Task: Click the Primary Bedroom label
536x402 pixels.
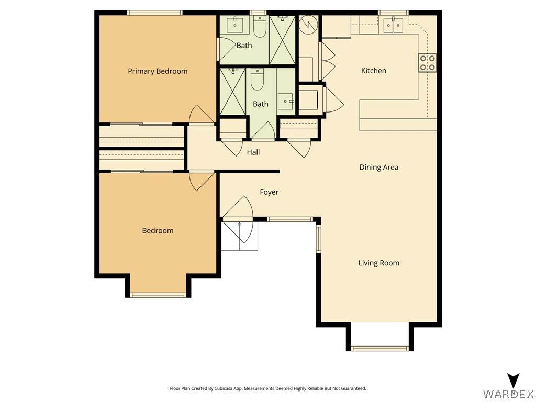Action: [158, 71]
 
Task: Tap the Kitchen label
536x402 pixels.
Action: [374, 71]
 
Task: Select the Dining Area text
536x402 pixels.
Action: [379, 167]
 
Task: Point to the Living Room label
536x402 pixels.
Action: [379, 263]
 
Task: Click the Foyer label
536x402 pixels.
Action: [269, 192]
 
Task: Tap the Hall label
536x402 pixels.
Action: [253, 152]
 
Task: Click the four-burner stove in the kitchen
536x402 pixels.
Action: [428, 63]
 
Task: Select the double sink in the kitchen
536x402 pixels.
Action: [393, 25]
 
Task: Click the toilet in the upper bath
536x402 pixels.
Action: [260, 27]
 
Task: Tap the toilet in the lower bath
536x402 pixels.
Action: [257, 80]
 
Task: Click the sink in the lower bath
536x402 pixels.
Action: [285, 101]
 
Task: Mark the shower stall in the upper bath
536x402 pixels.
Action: [282, 40]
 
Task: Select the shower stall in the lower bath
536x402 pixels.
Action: [232, 92]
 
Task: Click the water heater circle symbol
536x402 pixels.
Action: [308, 24]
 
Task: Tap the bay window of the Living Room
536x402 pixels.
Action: [380, 348]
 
